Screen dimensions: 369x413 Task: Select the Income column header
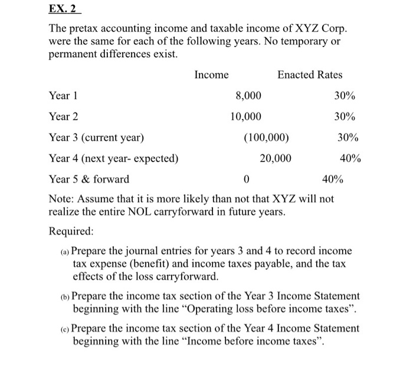(211, 74)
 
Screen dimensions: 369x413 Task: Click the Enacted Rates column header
(310, 74)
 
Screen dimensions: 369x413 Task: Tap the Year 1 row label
(63, 96)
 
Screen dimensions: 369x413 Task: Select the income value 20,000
(275, 158)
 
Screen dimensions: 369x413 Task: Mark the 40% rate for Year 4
(350, 158)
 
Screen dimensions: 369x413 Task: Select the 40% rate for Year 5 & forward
(331, 179)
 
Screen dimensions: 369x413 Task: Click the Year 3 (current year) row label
(96, 137)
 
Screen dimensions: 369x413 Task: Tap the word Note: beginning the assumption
(61, 199)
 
